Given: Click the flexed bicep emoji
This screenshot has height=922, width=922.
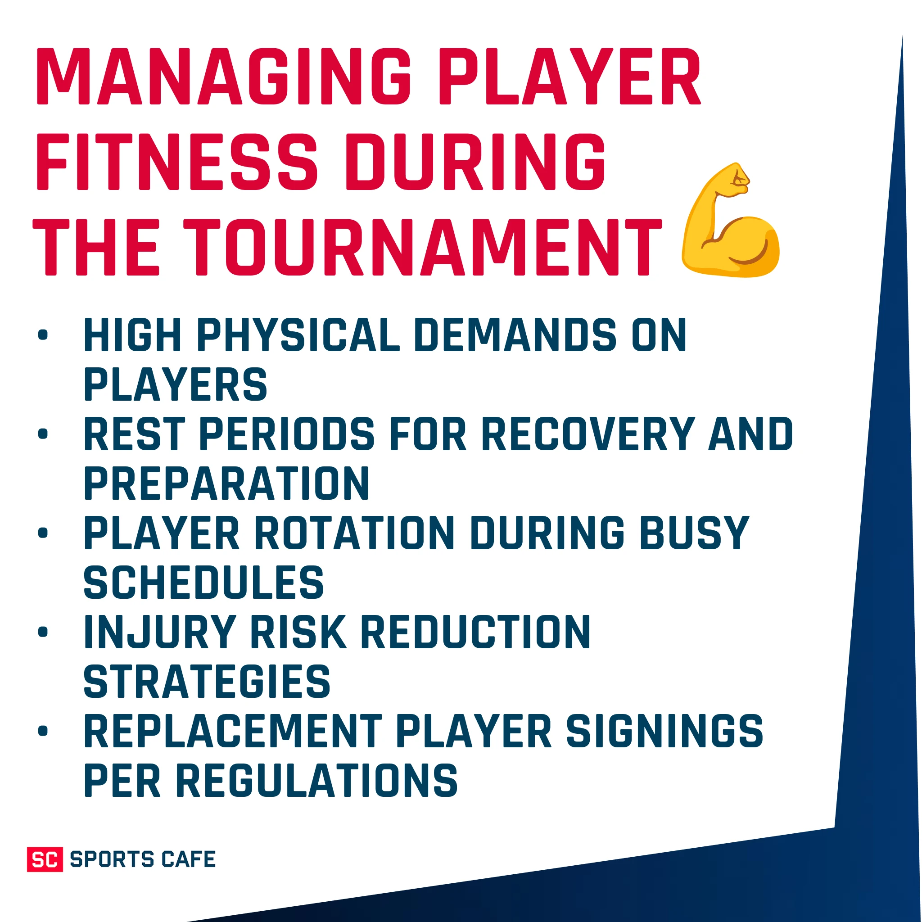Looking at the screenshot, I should pos(730,221).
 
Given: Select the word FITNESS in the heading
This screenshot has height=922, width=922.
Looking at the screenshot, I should pos(176,162).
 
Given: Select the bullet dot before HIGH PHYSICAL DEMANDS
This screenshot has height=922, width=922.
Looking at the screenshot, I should pos(43,335).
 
